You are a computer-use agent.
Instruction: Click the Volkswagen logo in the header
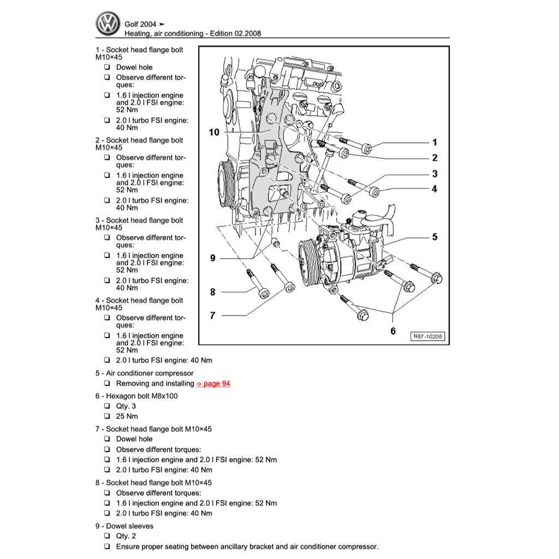coord(108,24)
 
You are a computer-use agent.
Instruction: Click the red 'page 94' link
coord(213,384)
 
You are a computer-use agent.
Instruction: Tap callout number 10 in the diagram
coord(214,132)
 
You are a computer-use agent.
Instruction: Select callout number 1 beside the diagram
coord(435,142)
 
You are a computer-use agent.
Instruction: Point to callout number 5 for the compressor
coord(435,237)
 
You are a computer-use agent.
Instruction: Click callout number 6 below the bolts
coord(393,331)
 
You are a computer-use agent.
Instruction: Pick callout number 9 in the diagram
coord(213,258)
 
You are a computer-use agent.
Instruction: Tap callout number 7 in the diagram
coord(213,316)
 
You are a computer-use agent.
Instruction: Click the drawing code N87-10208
coord(427,337)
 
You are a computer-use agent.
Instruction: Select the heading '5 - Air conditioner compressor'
coord(144,373)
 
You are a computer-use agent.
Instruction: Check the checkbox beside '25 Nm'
coord(107,417)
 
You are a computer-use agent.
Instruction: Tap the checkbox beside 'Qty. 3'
coord(107,406)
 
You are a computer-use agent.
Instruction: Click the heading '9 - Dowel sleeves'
coord(124,526)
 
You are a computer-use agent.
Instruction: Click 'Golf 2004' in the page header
coord(140,24)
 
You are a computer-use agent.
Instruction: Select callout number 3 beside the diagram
coord(435,174)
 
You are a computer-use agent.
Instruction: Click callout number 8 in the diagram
coord(213,292)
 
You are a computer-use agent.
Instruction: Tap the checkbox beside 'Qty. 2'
coord(107,536)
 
